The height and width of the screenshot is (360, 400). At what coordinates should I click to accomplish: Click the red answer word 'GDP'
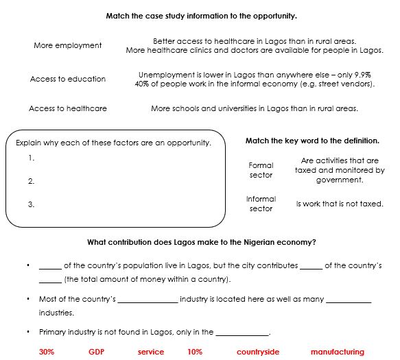(95, 352)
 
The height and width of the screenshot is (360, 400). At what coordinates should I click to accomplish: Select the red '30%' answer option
(47, 352)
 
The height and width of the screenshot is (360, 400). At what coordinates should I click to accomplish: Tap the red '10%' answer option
(195, 352)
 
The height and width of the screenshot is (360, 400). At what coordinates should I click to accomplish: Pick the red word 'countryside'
(258, 352)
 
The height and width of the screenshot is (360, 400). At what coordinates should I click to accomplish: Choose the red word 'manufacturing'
(337, 352)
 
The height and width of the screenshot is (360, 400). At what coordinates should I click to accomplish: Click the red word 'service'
(150, 352)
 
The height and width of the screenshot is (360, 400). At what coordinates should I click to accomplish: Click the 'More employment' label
(68, 46)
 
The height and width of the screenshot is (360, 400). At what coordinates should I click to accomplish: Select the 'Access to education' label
(68, 79)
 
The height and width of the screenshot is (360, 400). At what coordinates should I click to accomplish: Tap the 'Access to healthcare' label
(68, 108)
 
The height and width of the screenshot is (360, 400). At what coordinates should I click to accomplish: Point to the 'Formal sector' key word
(261, 170)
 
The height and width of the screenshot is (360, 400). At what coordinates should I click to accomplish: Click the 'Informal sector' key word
(261, 204)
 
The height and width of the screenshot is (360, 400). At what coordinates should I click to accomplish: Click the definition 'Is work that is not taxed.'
(340, 204)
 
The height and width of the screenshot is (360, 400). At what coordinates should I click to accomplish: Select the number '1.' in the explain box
(32, 158)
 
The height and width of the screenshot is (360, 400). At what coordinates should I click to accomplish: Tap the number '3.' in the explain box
(32, 204)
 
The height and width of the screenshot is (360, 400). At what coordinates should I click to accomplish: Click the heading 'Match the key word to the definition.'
(312, 141)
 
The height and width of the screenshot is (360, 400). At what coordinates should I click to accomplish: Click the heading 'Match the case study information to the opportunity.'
(201, 15)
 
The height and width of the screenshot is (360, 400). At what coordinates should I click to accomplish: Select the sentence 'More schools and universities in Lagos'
(254, 108)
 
